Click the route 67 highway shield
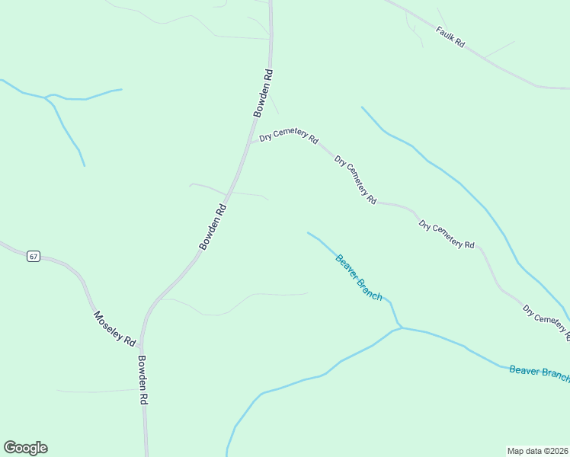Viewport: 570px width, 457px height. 33,256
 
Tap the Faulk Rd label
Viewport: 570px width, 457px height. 450,37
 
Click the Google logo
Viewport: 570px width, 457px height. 25,448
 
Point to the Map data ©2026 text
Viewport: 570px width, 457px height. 538,451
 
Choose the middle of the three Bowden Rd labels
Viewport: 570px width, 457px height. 213,227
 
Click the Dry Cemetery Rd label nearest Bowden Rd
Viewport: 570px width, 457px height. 288,136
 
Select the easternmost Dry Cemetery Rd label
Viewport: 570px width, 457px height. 546,321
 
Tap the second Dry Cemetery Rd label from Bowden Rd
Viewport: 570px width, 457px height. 355,180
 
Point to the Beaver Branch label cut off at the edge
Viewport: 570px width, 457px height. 539,372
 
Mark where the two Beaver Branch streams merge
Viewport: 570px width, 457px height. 399,328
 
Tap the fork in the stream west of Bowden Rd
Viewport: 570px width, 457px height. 48,97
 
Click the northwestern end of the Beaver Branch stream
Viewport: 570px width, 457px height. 308,233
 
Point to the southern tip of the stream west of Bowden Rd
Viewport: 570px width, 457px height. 84,165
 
